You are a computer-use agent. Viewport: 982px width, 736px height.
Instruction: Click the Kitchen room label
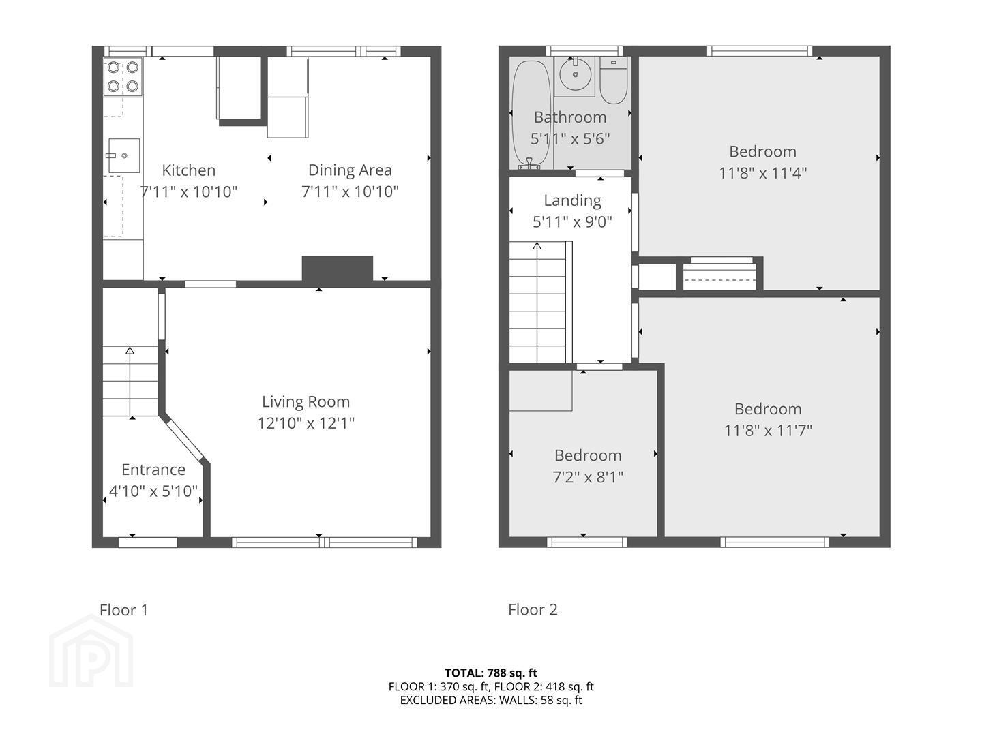[188, 170]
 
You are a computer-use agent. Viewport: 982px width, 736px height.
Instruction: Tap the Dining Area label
[350, 170]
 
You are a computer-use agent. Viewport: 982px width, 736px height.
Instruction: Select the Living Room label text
[306, 402]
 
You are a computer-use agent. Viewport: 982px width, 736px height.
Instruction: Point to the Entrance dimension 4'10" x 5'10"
[153, 491]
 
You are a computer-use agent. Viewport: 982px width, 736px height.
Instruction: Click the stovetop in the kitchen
[123, 76]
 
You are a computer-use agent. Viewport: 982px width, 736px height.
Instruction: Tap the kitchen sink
[124, 155]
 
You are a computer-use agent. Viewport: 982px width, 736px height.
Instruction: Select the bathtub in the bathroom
[531, 115]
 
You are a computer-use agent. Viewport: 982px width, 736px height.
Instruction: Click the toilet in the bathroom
[613, 80]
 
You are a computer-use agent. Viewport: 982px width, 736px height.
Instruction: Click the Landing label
[572, 200]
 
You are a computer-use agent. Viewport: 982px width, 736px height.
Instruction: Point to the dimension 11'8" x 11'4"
[762, 173]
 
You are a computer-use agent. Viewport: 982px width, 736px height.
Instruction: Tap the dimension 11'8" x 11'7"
[768, 430]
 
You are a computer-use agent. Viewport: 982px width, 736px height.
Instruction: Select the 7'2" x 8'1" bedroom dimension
[588, 477]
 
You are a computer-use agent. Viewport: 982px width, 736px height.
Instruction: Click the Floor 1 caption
[123, 610]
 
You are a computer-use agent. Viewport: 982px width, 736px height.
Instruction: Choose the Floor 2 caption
[533, 609]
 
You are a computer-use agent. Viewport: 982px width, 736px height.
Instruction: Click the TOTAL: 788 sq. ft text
[491, 673]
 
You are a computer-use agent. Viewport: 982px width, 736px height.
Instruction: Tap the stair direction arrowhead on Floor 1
[130, 350]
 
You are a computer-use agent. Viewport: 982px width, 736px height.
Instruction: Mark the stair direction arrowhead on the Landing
[537, 246]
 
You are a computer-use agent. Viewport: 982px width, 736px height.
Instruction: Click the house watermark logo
[91, 653]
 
